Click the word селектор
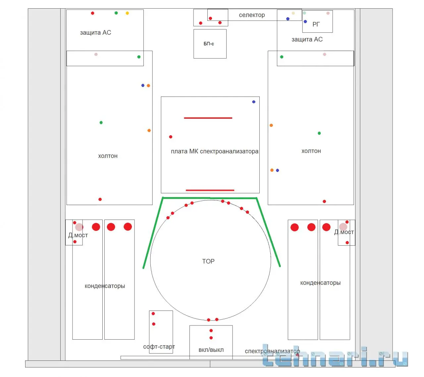click(252, 15)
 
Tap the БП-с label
click(209, 44)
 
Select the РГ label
click(316, 24)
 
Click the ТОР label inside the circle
click(208, 261)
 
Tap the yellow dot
click(127, 13)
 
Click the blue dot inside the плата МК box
click(254, 102)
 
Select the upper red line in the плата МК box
click(208, 118)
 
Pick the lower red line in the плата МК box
click(210, 190)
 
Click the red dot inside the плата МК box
click(171, 137)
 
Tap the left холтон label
click(108, 156)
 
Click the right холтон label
click(311, 151)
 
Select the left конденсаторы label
click(105, 286)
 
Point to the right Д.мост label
click(344, 232)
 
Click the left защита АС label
click(95, 33)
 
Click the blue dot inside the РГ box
click(305, 21)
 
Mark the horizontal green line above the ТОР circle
click(210, 198)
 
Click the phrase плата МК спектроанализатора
click(215, 151)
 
